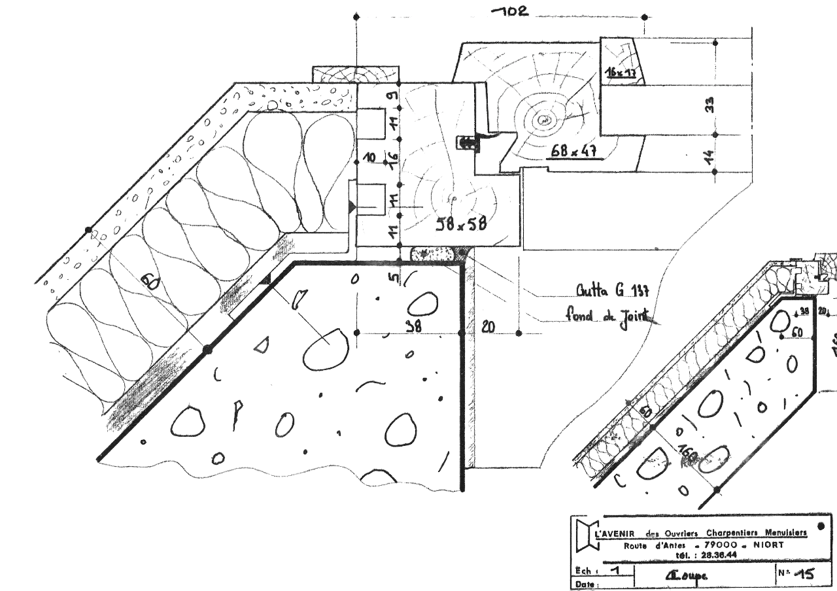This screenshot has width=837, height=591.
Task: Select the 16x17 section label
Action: pyautogui.click(x=621, y=73)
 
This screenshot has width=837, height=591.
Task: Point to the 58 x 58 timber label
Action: pyautogui.click(x=461, y=224)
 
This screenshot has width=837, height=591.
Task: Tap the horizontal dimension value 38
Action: pyautogui.click(x=413, y=327)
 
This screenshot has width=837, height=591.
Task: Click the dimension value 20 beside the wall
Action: pyautogui.click(x=488, y=327)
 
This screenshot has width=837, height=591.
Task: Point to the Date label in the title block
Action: pyautogui.click(x=585, y=584)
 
